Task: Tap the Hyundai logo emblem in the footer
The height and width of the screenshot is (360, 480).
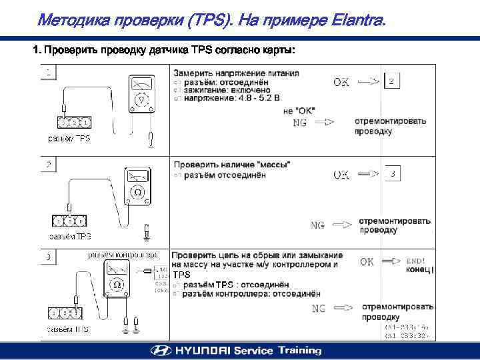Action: (160, 351)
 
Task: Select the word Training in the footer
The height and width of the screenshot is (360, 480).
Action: (299, 351)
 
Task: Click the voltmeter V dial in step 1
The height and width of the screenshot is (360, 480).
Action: (141, 99)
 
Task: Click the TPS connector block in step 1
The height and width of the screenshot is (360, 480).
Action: (75, 123)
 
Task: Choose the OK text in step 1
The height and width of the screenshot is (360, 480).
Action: (341, 82)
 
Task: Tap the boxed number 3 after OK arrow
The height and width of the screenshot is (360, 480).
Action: (393, 174)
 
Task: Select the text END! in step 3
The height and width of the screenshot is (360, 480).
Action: (415, 261)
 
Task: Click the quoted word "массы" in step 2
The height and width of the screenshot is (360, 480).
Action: (273, 165)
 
